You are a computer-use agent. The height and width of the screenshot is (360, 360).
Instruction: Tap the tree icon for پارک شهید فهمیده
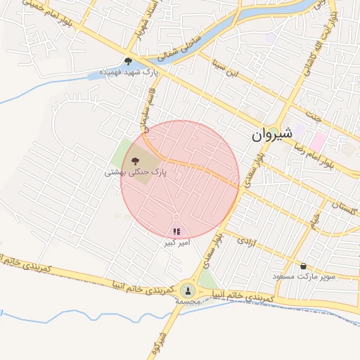click(128, 61)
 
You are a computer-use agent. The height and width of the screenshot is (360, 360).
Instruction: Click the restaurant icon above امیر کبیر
click(176, 231)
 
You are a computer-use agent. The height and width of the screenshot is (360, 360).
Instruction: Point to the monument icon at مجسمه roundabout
click(188, 290)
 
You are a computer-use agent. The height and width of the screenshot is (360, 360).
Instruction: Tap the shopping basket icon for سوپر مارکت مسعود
click(303, 266)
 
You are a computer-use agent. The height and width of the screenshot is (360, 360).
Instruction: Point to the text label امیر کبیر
click(176, 242)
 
